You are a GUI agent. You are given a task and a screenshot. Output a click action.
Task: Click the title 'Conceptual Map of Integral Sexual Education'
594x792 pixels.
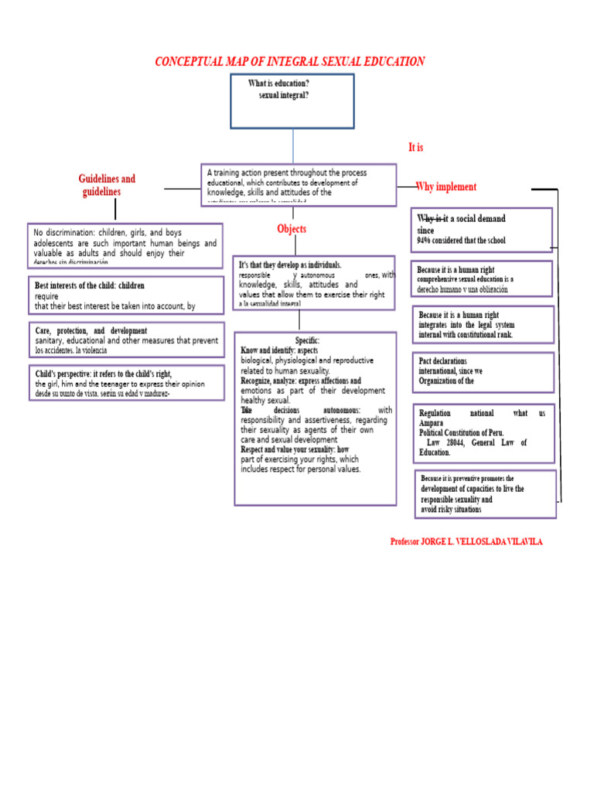pyautogui.click(x=290, y=62)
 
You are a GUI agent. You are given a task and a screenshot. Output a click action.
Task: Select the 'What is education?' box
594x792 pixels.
pyautogui.click(x=292, y=101)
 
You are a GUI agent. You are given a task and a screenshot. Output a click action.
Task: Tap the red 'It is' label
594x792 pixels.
pyautogui.click(x=415, y=147)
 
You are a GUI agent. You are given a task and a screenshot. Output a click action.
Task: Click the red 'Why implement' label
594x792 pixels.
pyautogui.click(x=446, y=187)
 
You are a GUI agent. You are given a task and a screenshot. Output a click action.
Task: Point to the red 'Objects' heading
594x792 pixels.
pyautogui.click(x=292, y=229)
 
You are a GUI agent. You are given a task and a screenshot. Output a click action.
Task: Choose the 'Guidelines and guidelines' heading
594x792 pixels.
pyautogui.click(x=107, y=186)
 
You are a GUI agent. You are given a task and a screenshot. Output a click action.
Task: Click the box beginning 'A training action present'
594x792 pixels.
pyautogui.click(x=299, y=184)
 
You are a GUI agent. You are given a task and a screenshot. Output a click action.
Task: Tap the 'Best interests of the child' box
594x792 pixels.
pyautogui.click(x=125, y=295)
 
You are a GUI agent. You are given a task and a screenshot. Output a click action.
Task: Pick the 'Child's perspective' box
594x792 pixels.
pyautogui.click(x=125, y=383)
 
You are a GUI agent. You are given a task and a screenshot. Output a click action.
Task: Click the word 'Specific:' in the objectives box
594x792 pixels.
pyautogui.click(x=306, y=341)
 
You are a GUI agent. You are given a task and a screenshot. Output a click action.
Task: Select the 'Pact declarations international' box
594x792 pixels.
pyautogui.click(x=483, y=371)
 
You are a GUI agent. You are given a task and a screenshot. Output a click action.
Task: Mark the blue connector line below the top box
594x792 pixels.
pyautogui.click(x=293, y=145)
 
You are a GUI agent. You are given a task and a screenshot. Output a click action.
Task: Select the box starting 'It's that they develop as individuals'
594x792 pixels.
pyautogui.click(x=314, y=283)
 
